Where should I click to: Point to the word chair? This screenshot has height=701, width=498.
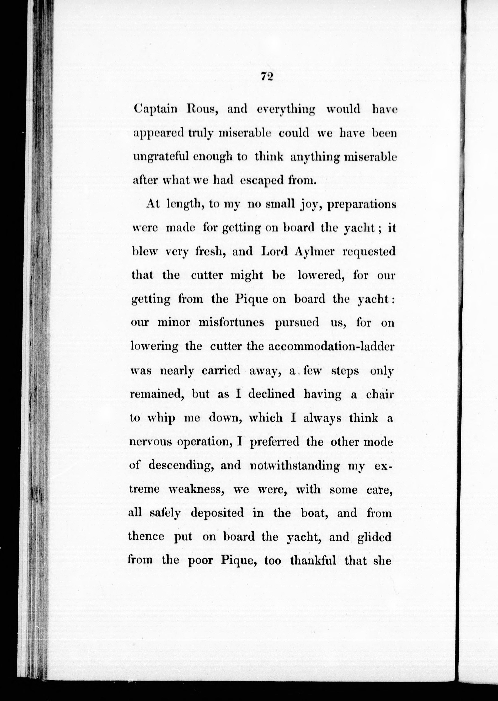[x=380, y=394]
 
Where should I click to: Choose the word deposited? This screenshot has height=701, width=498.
[x=217, y=513]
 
